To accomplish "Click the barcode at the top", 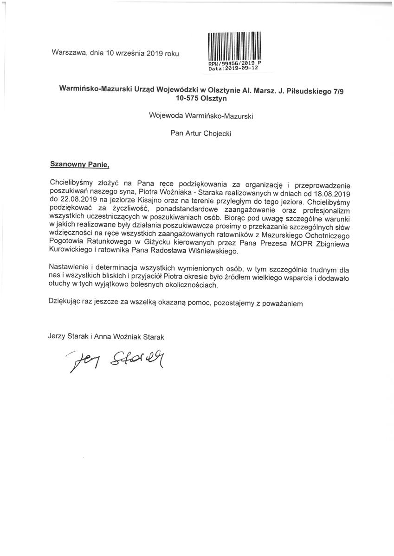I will pyautogui.click(x=233, y=46).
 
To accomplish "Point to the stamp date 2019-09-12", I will pyautogui.click(x=241, y=68).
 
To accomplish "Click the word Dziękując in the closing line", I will pyautogui.click(x=65, y=303).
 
